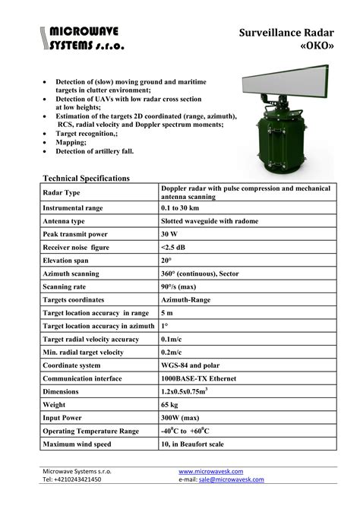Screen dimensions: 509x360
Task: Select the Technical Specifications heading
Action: click(x=86, y=178)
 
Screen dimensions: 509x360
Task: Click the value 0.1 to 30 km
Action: click(x=186, y=207)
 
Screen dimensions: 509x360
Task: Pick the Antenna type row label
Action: click(x=69, y=220)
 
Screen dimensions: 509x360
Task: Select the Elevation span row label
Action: click(x=70, y=261)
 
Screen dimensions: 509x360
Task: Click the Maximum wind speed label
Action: click(x=77, y=444)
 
